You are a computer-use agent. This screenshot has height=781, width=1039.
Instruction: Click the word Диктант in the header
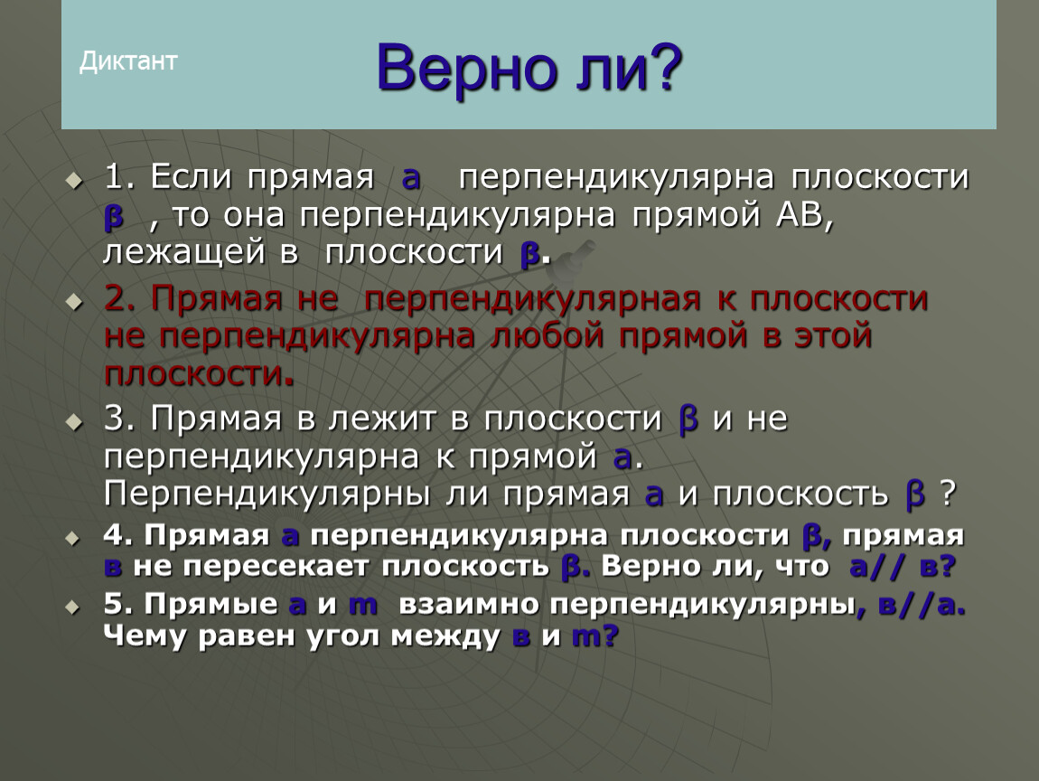tap(128, 61)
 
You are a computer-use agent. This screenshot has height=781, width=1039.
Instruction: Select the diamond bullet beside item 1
tap(74, 180)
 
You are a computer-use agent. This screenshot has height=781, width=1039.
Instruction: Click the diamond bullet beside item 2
tap(74, 302)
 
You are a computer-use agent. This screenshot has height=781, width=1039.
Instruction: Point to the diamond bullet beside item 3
tap(74, 421)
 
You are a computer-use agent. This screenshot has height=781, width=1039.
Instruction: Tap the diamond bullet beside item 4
tap(73, 539)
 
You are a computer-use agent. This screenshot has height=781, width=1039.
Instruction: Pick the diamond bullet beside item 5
tap(73, 607)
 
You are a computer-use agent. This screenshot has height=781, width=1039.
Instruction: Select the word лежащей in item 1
tap(184, 252)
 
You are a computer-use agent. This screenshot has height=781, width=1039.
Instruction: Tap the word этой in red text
tap(832, 335)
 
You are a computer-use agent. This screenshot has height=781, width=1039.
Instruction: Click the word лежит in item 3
tap(382, 419)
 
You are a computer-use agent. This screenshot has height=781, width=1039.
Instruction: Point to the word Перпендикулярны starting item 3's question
tap(267, 494)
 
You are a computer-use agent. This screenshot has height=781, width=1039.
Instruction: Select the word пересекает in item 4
tap(275, 566)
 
